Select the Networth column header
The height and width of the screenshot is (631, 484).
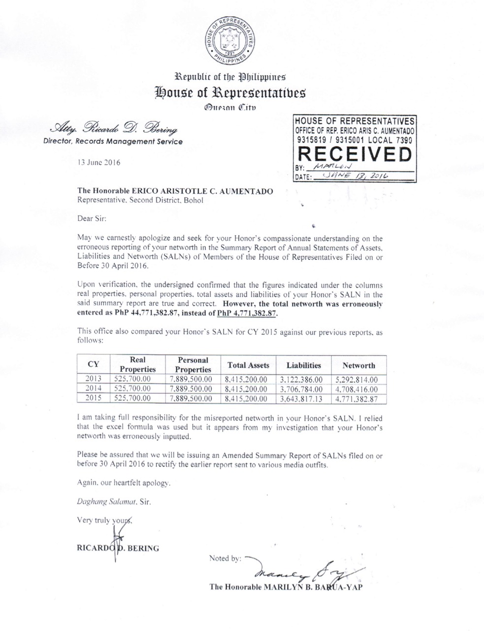click(x=359, y=366)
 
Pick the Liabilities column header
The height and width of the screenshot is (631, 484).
click(x=304, y=365)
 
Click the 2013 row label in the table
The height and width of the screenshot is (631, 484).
click(x=94, y=379)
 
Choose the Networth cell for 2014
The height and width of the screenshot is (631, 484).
click(x=359, y=389)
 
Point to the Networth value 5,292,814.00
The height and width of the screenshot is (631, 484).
click(x=359, y=380)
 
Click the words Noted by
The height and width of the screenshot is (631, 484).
click(x=225, y=559)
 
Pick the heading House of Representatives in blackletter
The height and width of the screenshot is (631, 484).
click(x=230, y=92)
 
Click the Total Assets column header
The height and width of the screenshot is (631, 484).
click(x=249, y=365)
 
